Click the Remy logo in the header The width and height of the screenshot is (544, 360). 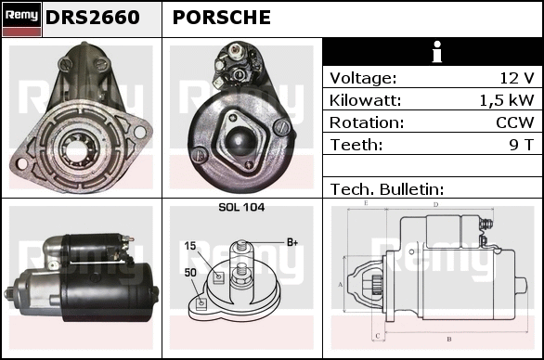[x=21, y=19]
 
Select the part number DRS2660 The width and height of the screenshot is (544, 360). [x=92, y=18]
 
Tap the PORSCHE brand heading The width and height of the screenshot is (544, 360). [x=221, y=18]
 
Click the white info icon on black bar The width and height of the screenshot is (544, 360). [x=437, y=52]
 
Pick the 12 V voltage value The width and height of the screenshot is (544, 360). [x=516, y=78]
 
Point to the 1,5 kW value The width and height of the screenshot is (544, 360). [x=507, y=100]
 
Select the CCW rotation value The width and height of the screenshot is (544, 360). [x=515, y=122]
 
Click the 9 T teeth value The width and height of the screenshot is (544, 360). [x=521, y=145]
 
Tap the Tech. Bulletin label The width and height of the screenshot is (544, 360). [x=387, y=189]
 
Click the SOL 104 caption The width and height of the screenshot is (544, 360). [x=241, y=207]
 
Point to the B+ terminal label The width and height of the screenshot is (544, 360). [x=292, y=242]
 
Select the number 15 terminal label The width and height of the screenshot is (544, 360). [x=190, y=246]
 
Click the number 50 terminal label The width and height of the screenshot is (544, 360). [x=190, y=273]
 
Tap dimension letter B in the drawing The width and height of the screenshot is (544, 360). [x=449, y=339]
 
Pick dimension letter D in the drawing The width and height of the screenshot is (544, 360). [x=435, y=205]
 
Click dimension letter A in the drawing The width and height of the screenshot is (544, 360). [x=341, y=285]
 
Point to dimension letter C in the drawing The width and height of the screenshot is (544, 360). [x=378, y=336]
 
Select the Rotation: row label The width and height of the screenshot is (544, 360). [x=367, y=122]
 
